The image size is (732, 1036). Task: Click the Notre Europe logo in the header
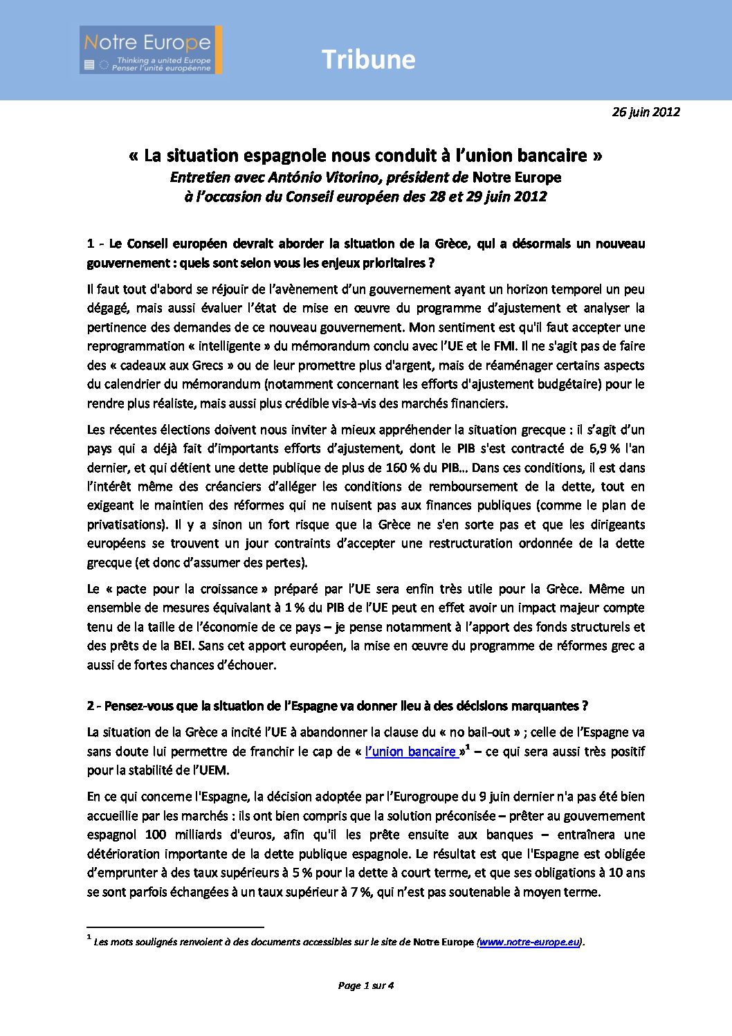click(x=151, y=50)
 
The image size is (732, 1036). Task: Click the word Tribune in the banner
click(x=368, y=60)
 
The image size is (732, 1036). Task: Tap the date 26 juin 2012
click(x=646, y=112)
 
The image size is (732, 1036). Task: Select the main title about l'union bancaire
click(x=365, y=156)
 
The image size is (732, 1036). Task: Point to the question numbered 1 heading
click(x=365, y=253)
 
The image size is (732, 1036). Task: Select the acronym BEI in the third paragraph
click(x=182, y=646)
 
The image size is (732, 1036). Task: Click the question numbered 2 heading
click(x=337, y=706)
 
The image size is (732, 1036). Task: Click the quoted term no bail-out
click(x=481, y=732)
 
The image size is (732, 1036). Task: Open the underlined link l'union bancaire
click(x=411, y=752)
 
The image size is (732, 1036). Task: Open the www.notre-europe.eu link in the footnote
click(x=529, y=942)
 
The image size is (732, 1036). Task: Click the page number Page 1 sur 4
click(x=365, y=985)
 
